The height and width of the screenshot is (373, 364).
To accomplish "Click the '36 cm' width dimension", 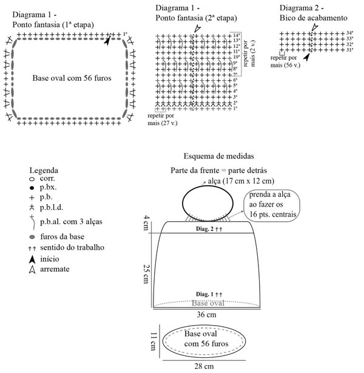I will click(206, 315).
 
